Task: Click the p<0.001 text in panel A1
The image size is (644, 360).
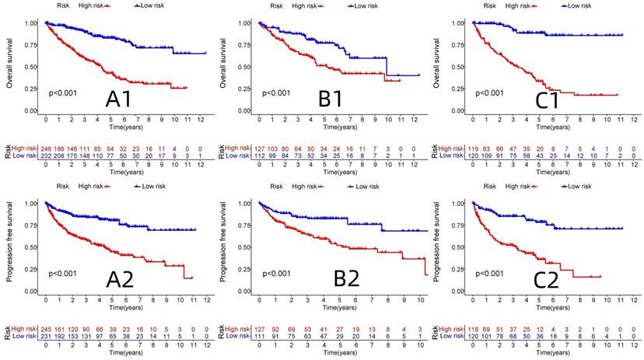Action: tap(65, 93)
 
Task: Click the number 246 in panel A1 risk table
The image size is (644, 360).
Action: tap(47, 148)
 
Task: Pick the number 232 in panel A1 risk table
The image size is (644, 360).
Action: tap(47, 156)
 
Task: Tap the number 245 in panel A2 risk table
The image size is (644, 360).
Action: tap(47, 328)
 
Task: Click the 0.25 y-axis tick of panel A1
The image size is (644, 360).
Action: tap(30, 89)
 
